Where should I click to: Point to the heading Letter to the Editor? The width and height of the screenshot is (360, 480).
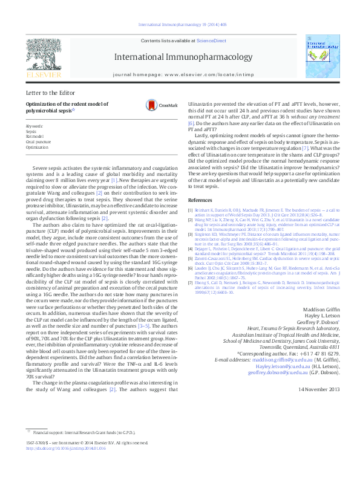(x=51, y=92)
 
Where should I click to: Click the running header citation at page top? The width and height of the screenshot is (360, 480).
(x=182, y=25)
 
